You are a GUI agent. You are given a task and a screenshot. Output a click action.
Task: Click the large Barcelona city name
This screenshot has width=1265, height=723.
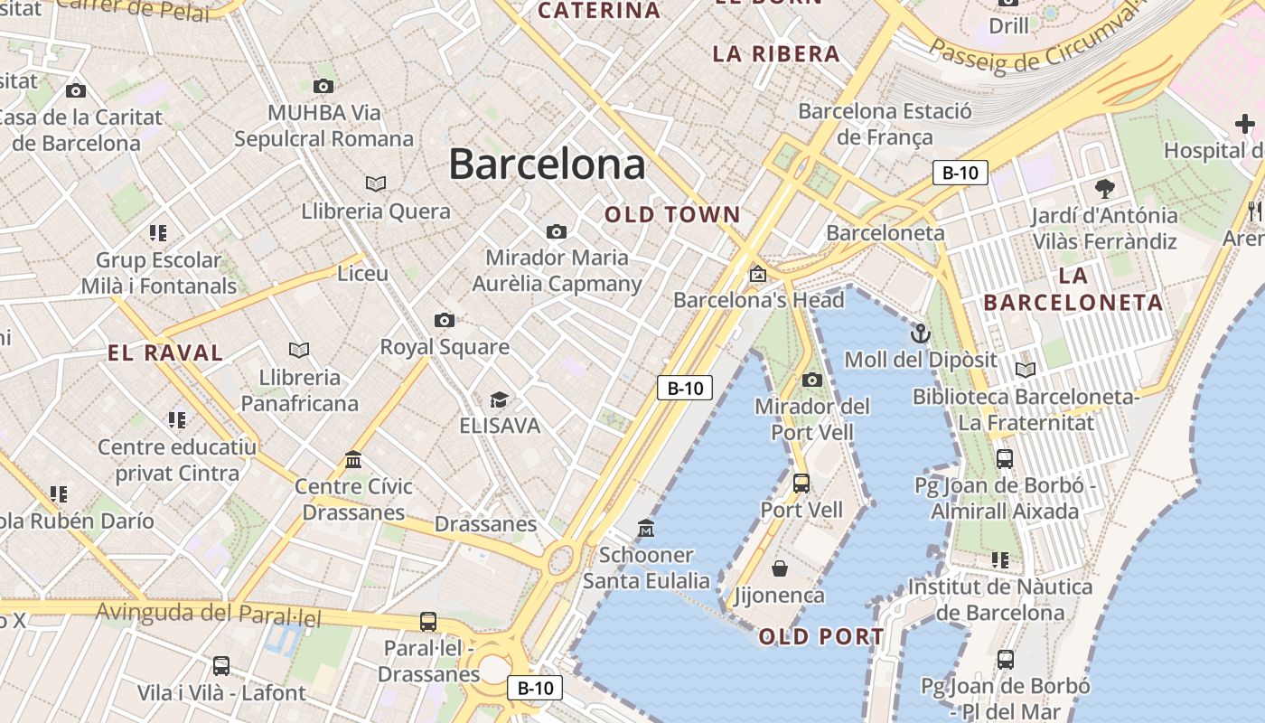[547, 164]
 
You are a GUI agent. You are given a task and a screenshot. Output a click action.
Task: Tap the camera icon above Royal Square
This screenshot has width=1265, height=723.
[444, 320]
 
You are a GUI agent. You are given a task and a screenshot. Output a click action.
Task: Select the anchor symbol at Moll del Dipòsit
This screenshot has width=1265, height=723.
[920, 333]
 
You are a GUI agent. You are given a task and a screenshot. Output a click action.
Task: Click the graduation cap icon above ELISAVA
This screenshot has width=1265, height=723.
[499, 399]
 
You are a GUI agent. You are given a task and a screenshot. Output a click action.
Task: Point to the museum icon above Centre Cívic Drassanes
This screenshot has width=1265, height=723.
[353, 460]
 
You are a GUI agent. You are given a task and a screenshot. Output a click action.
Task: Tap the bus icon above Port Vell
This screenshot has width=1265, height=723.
[801, 484]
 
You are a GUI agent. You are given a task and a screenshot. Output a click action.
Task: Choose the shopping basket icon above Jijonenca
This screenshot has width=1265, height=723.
[779, 568]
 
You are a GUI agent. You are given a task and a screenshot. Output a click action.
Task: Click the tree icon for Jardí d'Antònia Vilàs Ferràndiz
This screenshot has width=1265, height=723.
[1104, 189]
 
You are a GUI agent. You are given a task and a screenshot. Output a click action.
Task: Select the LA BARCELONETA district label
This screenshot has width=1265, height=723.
[1073, 289]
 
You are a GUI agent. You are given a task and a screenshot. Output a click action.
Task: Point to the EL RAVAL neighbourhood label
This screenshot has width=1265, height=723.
[165, 353]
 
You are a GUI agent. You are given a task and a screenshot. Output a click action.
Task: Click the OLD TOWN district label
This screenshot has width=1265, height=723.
[672, 215]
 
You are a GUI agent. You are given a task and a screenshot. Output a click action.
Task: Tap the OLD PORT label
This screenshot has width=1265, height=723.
[821, 637]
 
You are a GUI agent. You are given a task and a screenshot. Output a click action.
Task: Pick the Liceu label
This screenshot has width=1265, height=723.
[362, 273]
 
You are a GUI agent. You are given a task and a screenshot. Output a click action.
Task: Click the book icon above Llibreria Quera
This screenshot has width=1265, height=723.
[376, 183]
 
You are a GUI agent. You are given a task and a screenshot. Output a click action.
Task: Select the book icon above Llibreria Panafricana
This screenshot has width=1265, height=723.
[299, 350]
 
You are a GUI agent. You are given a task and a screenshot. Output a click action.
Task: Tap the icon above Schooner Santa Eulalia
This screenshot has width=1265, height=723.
[645, 528]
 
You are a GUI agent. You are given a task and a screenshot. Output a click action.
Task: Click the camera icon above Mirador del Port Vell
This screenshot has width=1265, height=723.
[811, 380]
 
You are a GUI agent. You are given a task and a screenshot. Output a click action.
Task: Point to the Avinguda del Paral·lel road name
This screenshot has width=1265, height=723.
[209, 614]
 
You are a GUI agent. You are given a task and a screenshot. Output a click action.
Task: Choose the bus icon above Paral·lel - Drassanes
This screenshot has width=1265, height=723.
[428, 622]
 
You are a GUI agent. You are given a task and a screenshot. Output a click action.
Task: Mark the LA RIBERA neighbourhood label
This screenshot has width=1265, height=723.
[776, 54]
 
